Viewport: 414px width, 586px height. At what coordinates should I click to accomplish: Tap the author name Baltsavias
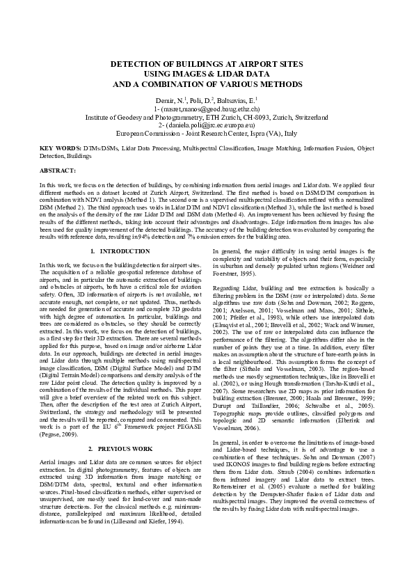coord(237,101)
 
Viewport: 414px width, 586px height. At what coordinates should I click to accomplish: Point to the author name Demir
coord(167,101)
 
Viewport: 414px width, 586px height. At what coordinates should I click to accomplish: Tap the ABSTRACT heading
coord(58,171)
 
